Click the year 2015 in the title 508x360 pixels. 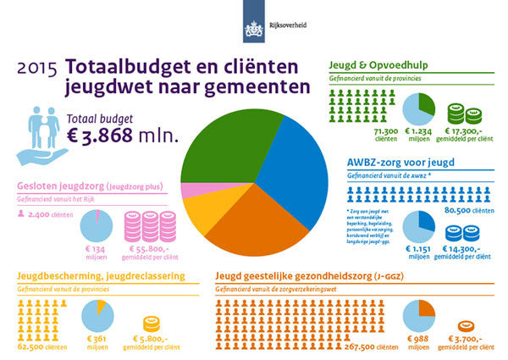[36, 68]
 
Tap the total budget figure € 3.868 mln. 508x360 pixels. [126, 135]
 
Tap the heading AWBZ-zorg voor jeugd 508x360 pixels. [405, 162]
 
